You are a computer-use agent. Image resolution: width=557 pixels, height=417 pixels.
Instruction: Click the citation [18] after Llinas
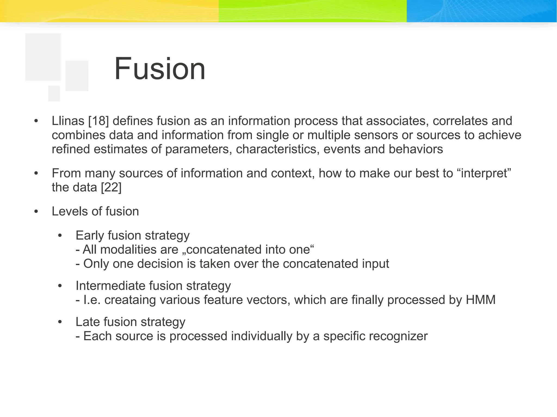98,121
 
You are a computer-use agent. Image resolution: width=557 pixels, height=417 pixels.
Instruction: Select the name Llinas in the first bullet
68,121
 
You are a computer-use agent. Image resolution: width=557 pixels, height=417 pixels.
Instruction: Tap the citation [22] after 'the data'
111,187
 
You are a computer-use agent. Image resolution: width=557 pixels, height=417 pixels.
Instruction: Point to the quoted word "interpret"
482,173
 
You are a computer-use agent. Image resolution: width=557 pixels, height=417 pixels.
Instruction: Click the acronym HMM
481,300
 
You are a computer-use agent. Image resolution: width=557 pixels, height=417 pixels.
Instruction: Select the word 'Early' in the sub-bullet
90,236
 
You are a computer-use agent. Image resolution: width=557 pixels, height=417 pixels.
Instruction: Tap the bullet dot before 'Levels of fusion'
36,212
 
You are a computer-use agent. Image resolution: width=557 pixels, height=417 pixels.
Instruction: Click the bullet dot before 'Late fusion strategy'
60,322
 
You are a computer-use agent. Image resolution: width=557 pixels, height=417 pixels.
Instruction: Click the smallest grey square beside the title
54,93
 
